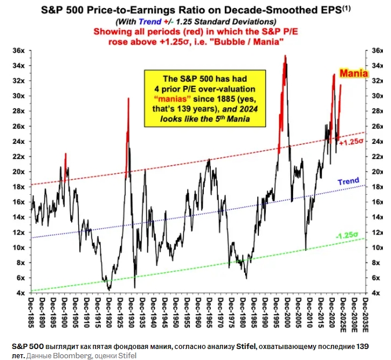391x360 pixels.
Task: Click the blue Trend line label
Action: (348, 181)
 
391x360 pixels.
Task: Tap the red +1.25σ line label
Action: (351, 142)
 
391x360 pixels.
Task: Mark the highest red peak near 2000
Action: (285, 56)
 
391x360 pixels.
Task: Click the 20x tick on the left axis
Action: (19, 172)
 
